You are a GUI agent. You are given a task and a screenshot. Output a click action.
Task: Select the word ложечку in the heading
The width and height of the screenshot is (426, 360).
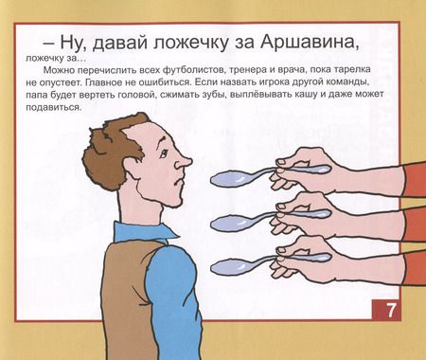[x=179, y=43]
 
